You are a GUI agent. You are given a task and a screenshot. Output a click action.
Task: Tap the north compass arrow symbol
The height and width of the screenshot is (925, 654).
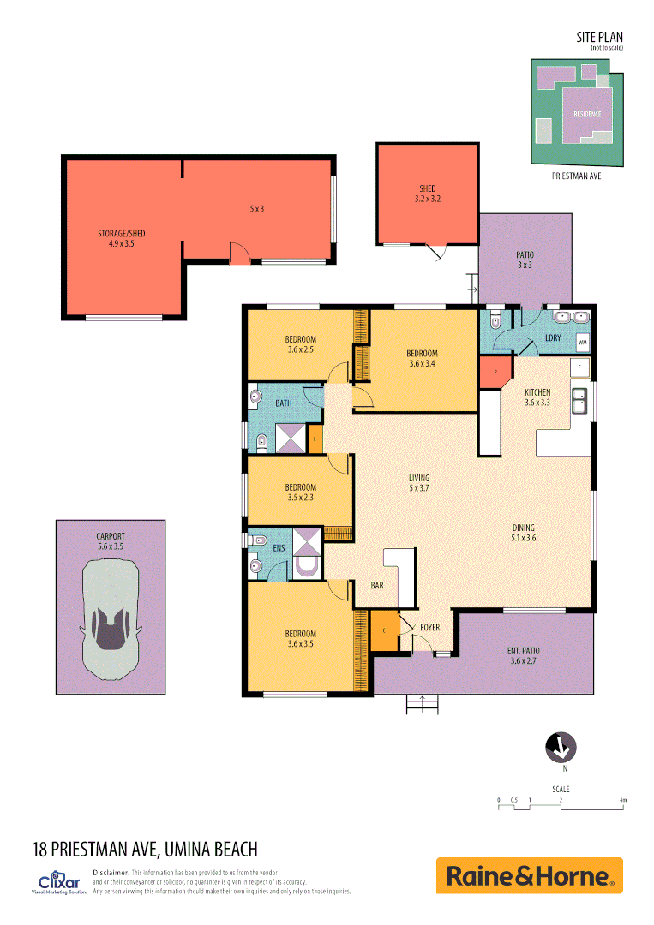[560, 748]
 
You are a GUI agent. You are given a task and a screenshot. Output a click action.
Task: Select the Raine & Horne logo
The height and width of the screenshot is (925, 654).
[529, 876]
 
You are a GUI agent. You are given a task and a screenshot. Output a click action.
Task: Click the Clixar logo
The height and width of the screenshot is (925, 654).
[60, 881]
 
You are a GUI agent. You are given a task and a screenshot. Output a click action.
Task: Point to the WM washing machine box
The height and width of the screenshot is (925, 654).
[583, 343]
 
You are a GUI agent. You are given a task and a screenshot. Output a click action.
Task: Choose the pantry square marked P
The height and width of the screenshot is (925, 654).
[494, 373]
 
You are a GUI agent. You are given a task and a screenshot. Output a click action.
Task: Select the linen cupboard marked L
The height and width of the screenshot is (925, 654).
[315, 439]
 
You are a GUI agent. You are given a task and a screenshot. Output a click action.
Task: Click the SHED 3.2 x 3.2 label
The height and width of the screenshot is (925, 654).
[427, 194]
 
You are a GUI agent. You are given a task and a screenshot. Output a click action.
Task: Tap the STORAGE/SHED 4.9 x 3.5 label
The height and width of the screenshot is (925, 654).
[121, 238]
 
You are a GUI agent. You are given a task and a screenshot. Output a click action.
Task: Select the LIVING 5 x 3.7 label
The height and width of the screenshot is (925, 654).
[418, 483]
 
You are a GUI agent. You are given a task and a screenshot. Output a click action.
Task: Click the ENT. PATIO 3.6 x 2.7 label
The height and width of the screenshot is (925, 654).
[525, 655]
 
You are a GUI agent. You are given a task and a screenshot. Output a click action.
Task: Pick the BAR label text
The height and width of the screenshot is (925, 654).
[376, 586]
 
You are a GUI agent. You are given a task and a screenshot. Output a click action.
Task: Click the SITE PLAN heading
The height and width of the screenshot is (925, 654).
[600, 37]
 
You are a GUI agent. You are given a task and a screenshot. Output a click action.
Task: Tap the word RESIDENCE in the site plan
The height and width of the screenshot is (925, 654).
[581, 114]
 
